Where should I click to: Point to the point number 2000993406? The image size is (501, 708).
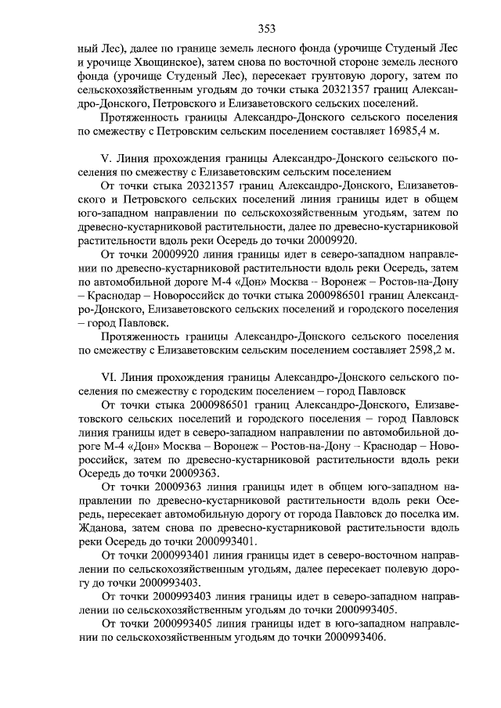click(347, 638)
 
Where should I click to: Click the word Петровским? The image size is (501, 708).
click(178, 130)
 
